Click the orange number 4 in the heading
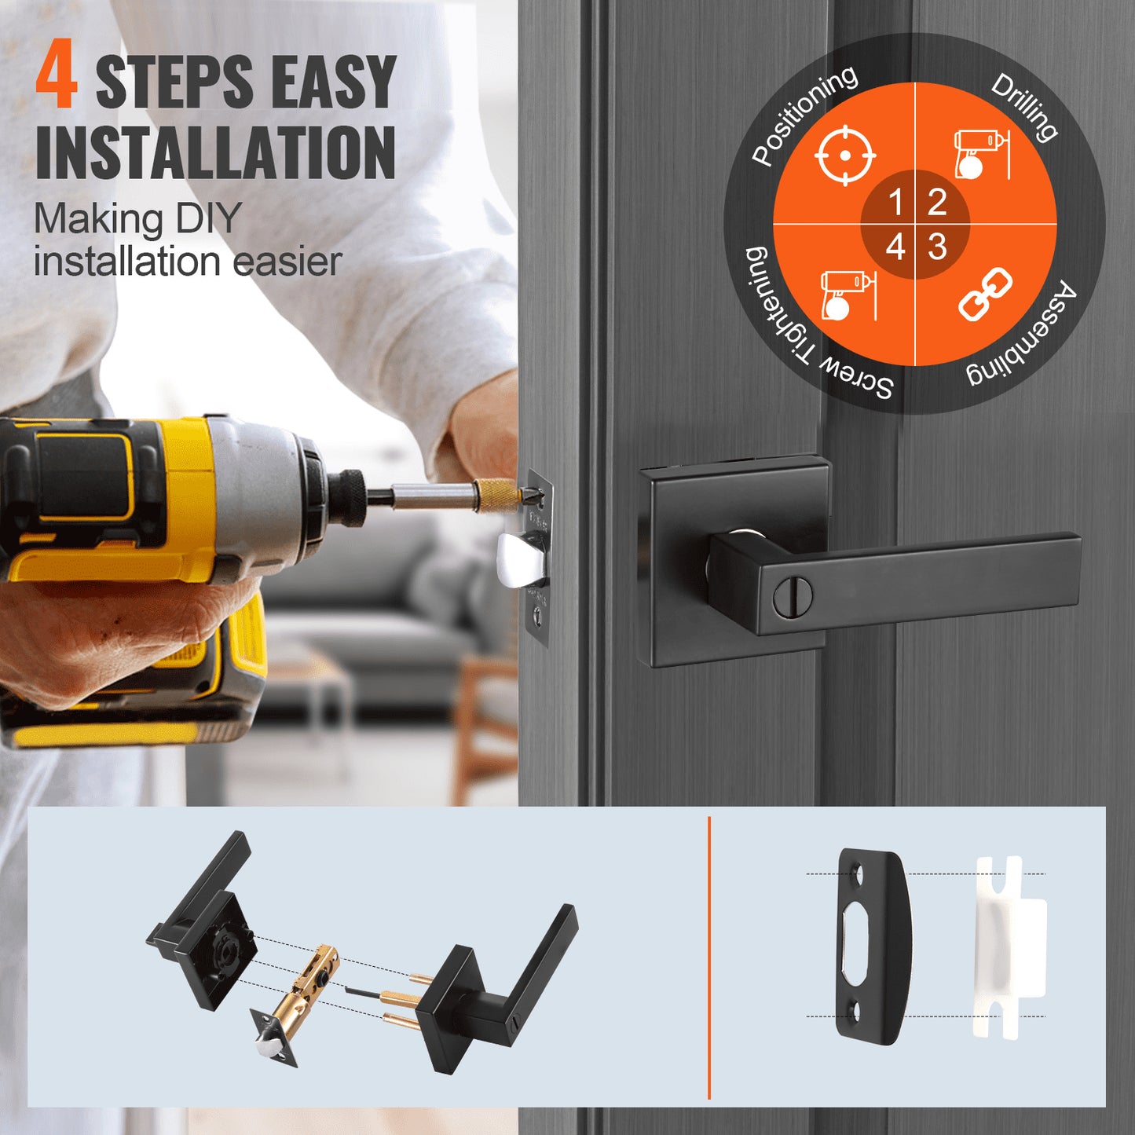[x=57, y=76]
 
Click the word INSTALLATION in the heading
[x=215, y=152]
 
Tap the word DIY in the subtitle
[x=206, y=218]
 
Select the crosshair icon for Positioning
[x=844, y=155]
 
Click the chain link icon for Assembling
[x=985, y=294]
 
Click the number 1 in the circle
[x=895, y=203]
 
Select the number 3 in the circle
[x=937, y=247]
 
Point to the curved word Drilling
[x=1024, y=107]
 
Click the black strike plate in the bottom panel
[x=872, y=946]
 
